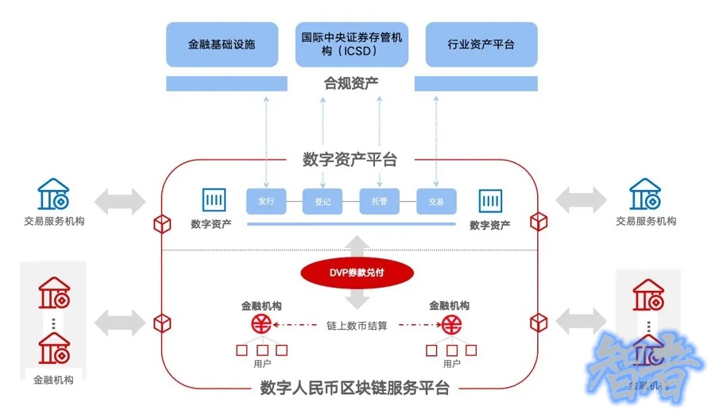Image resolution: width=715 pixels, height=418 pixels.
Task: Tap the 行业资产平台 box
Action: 481,45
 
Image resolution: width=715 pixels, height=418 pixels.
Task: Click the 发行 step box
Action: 265,201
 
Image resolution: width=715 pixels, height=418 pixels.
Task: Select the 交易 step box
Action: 435,201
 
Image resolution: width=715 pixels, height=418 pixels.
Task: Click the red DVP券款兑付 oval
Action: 357,273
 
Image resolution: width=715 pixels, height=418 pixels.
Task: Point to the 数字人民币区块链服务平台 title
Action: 354,388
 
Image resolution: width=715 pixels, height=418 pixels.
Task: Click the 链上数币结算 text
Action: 357,325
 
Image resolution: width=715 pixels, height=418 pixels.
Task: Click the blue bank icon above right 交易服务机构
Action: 645,194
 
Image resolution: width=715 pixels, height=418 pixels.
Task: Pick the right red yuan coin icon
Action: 453,324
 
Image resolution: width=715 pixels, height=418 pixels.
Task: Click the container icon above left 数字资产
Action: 214,199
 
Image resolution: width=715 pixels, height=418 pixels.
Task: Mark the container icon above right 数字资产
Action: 490,199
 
